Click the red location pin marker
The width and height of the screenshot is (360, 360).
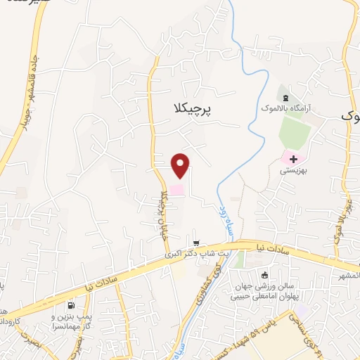(181, 165)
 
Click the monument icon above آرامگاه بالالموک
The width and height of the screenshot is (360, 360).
(285, 97)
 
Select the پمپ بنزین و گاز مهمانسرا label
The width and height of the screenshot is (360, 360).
(67, 323)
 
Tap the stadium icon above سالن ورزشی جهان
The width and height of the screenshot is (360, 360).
(266, 276)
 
